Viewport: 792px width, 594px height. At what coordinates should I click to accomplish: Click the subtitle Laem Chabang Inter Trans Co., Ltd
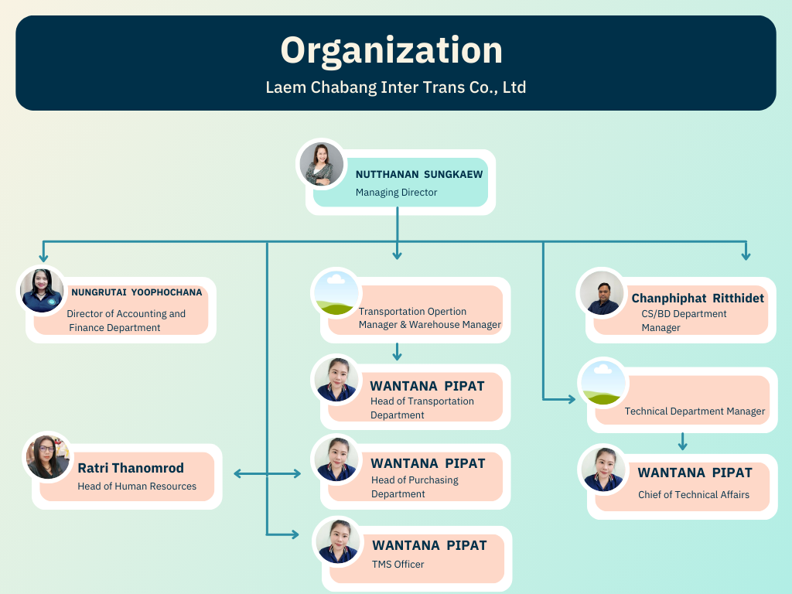point(396,87)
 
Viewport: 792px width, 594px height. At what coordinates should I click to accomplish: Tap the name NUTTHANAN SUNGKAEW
point(419,174)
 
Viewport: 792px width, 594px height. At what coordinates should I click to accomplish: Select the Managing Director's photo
point(321,164)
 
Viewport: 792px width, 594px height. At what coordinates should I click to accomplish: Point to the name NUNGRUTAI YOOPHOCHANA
point(136,292)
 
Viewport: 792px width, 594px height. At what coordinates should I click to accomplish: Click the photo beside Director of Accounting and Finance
point(42,291)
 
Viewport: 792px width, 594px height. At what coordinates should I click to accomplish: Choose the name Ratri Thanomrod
point(131,468)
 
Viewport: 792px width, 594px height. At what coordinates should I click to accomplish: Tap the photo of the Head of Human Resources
point(48,457)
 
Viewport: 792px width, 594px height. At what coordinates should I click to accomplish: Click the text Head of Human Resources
point(137,486)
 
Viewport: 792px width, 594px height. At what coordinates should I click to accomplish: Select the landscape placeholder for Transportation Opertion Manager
point(336,293)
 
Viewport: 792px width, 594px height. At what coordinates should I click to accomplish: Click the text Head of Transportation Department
point(422,408)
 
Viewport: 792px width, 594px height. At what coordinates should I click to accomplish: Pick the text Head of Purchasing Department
point(415,487)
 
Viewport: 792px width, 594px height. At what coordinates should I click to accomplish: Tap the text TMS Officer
point(398,564)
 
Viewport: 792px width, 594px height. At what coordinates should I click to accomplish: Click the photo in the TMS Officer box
point(338,541)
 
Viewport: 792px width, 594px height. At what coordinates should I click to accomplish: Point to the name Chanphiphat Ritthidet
point(698,299)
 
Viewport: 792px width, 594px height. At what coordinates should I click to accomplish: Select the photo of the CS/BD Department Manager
point(602,293)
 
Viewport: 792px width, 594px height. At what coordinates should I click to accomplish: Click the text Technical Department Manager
point(695,411)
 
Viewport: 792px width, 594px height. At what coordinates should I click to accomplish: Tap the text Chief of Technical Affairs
point(694,494)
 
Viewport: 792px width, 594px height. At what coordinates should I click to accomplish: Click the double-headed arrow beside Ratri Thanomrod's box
point(267,474)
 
